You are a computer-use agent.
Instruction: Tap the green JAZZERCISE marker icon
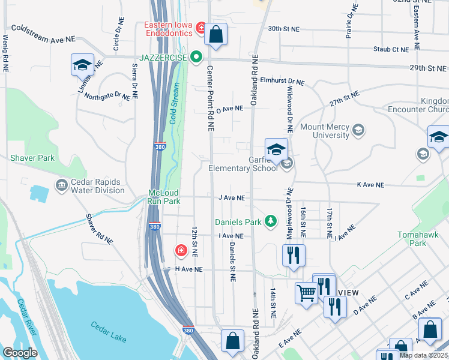coord(196,57)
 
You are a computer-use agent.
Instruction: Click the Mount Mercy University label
coord(324,131)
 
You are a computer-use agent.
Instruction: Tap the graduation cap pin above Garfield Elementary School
coord(276,149)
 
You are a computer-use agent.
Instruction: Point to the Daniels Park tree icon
coord(271,222)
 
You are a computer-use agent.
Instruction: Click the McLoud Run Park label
coord(164,197)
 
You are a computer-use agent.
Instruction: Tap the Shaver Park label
coord(32,158)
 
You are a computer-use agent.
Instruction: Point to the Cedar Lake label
coord(109,331)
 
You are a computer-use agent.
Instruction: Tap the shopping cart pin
coord(306,293)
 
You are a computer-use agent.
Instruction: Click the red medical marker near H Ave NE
coord(180,250)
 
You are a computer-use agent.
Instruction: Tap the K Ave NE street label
coord(370,185)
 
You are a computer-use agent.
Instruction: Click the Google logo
coord(20,352)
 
